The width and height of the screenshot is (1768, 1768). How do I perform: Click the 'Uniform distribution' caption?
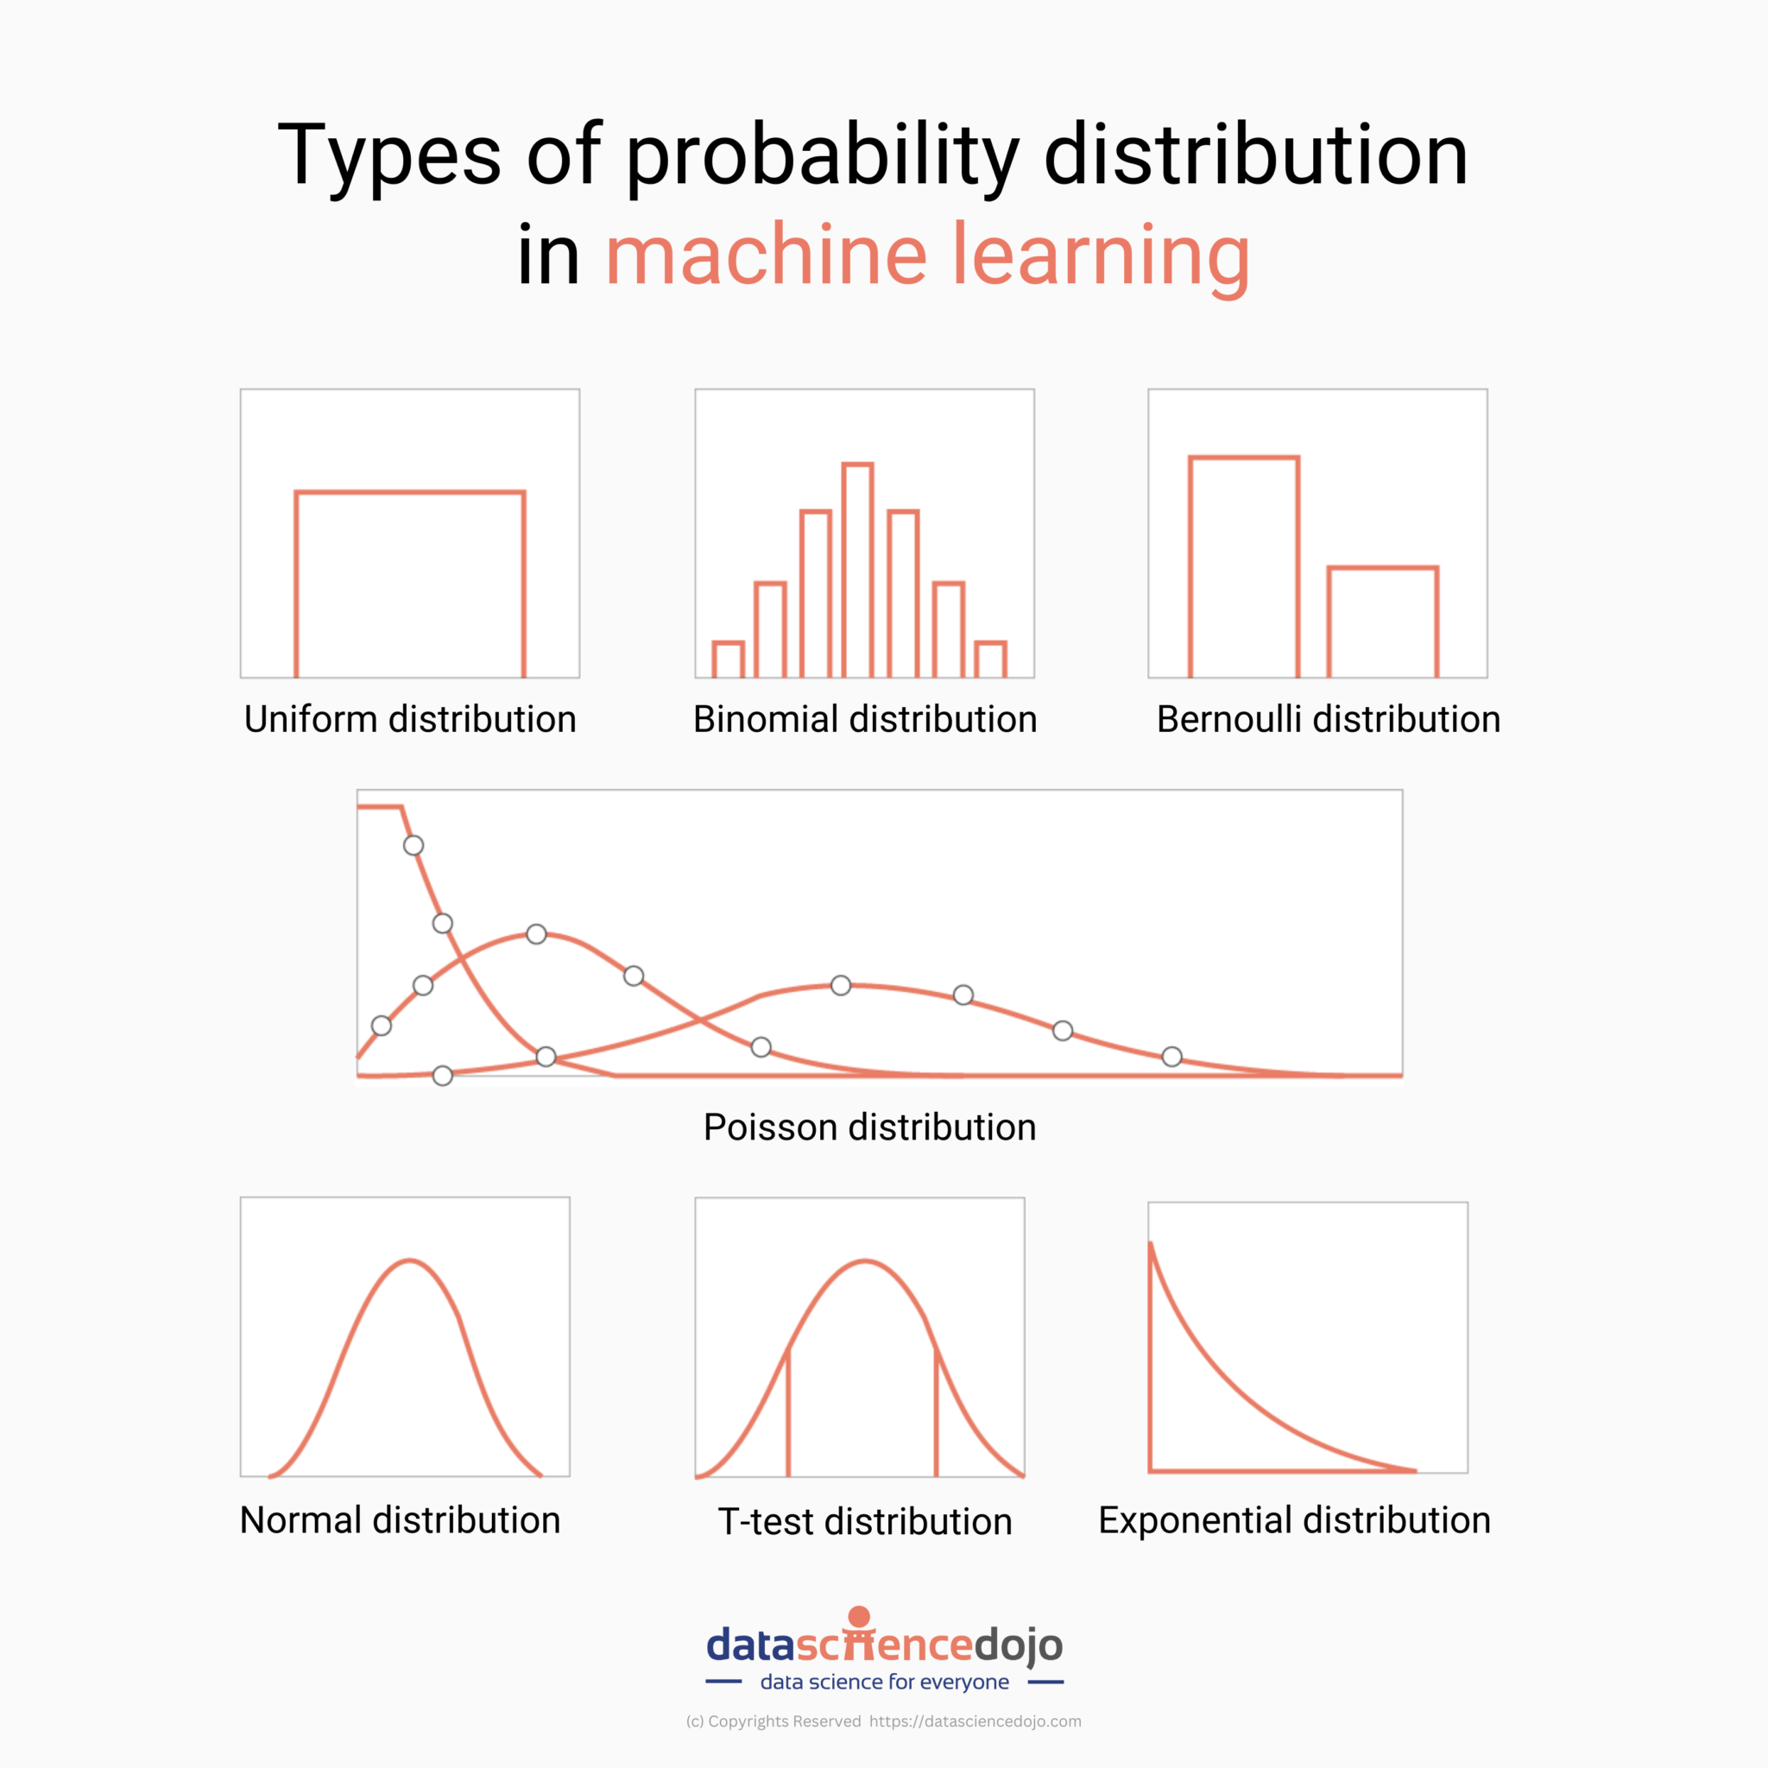pos(410,719)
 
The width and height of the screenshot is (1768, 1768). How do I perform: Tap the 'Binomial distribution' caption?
pos(865,719)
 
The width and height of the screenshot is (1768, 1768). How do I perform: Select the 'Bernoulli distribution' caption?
pos(1328,719)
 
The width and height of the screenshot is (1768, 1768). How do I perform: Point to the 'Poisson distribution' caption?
pos(869,1127)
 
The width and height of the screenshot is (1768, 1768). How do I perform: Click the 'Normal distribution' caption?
pos(400,1520)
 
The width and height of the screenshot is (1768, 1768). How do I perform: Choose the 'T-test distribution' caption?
pos(865,1522)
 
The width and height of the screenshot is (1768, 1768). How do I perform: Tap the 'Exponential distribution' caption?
pos(1294,1520)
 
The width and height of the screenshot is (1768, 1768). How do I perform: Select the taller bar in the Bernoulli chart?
pos(1244,567)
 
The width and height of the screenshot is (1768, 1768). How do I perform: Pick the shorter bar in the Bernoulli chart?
pos(1383,622)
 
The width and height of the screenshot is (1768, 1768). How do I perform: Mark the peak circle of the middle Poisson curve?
pos(536,934)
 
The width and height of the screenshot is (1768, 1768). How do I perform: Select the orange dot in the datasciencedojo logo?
pos(859,1617)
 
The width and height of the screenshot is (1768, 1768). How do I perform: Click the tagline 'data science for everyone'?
pos(884,1682)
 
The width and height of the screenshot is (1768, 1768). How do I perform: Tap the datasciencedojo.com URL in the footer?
pos(975,1721)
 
